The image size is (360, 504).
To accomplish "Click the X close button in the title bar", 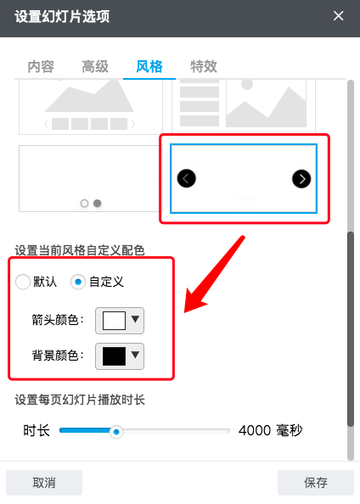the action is (339, 16).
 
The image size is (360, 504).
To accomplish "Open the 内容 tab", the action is (41, 66).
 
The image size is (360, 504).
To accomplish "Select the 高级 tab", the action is (95, 66).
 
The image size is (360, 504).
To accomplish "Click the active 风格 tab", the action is (149, 66).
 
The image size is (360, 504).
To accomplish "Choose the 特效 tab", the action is (204, 66).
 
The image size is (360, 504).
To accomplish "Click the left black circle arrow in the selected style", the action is (186, 178).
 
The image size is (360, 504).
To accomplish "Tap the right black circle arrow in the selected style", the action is (301, 179).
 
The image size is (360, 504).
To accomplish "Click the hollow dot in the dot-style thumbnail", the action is (84, 204).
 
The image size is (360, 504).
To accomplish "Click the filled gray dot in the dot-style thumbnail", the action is (97, 204).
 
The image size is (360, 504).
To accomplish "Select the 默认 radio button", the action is (23, 282).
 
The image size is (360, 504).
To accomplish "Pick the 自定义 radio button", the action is (78, 282).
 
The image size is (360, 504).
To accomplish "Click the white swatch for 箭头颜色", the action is (114, 321).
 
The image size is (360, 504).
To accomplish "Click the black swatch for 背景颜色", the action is (114, 356).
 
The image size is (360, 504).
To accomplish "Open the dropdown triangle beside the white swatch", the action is (135, 319).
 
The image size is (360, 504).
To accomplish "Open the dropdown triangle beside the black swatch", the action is (135, 355).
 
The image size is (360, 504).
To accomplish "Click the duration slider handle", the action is (116, 432).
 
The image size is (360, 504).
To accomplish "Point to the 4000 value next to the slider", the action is (255, 430).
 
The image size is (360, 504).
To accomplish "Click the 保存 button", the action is (316, 483).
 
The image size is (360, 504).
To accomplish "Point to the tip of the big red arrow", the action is (184, 312).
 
